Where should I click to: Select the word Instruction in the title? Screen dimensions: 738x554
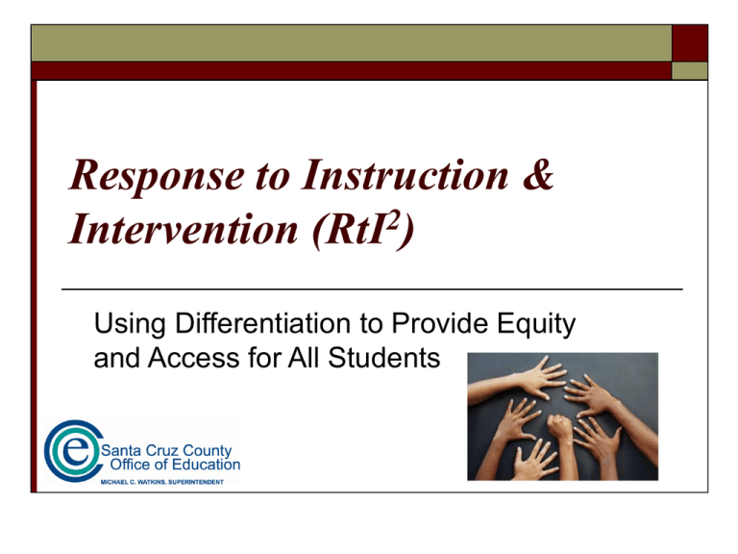click(x=406, y=175)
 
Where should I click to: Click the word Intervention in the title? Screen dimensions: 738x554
click(x=184, y=229)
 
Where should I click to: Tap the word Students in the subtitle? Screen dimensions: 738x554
click(x=383, y=358)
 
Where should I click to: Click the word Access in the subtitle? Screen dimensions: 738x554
click(x=194, y=358)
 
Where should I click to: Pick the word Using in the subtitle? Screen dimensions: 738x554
click(x=130, y=325)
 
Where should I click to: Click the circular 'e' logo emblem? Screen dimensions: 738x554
click(x=73, y=451)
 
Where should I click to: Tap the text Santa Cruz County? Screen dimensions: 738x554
click(x=166, y=450)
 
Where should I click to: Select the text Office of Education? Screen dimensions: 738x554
click(x=175, y=465)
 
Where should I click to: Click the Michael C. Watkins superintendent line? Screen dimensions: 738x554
click(x=161, y=482)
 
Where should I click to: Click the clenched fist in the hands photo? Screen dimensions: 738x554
click(x=559, y=426)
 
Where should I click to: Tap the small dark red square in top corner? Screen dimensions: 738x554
click(x=690, y=43)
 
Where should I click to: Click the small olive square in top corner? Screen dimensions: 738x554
click(x=690, y=70)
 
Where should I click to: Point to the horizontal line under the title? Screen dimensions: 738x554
click(x=372, y=290)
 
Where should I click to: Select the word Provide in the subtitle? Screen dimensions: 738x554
click(x=440, y=323)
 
